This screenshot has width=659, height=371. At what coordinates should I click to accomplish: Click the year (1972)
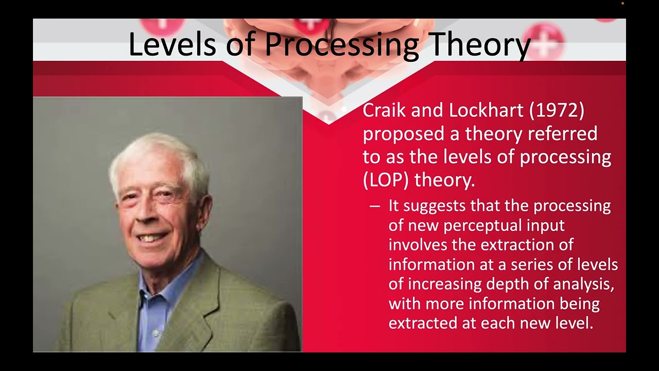559,111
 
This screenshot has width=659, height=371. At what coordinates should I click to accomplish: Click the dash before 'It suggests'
375,206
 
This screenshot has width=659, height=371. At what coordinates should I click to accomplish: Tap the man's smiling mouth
153,238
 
